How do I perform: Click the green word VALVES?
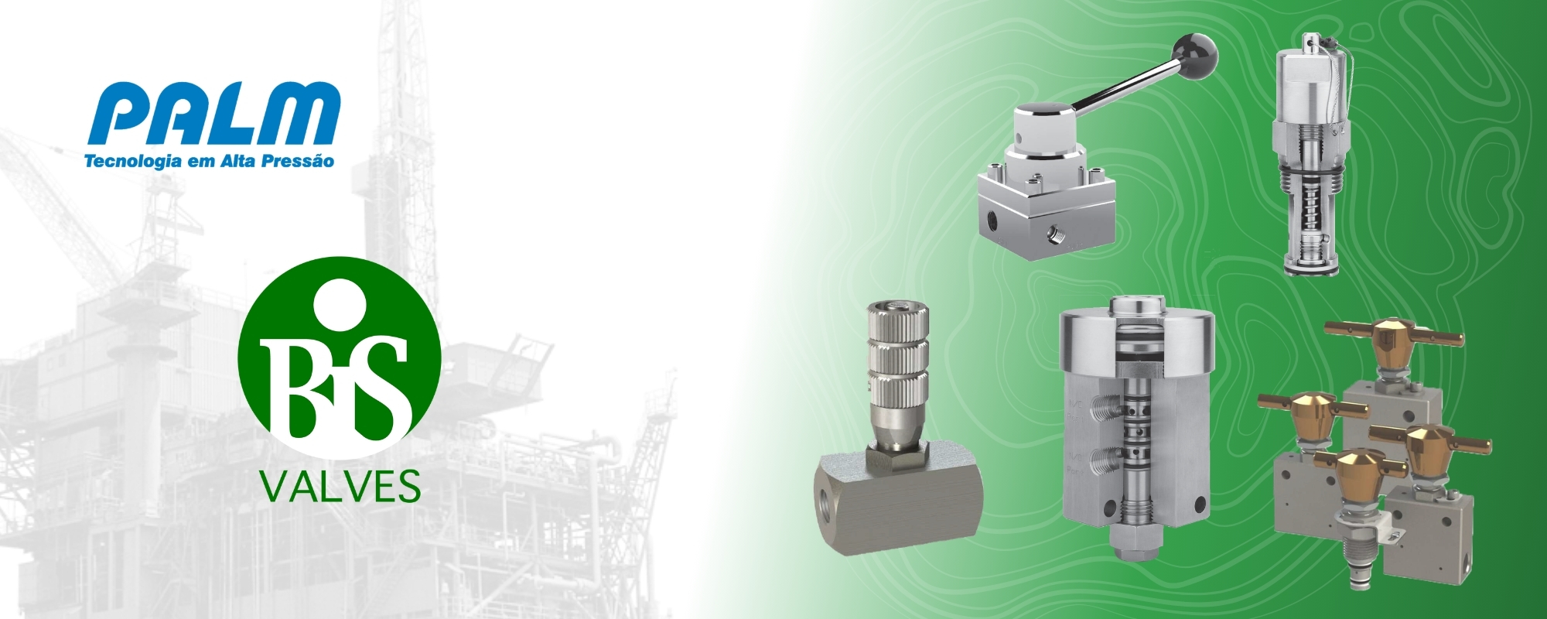pyautogui.click(x=340, y=485)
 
